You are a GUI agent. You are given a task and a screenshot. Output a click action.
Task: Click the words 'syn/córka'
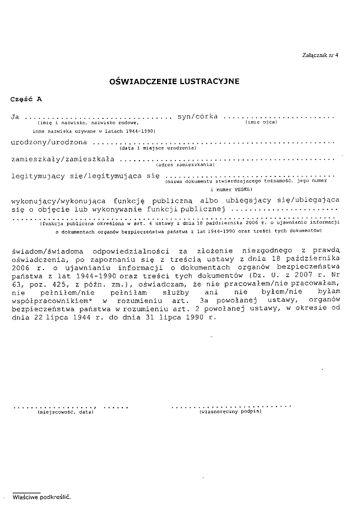click(198, 116)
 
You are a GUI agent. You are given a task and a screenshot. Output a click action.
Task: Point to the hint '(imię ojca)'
click(261, 122)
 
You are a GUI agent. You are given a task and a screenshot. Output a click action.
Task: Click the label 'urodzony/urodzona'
click(49, 142)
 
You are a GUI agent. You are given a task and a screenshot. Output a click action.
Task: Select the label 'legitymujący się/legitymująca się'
click(86, 175)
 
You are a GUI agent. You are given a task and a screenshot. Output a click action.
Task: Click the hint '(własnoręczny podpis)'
click(231, 412)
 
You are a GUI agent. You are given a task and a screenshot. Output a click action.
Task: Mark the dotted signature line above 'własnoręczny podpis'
click(231, 406)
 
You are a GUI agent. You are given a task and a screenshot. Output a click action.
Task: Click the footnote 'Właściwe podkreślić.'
click(41, 497)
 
